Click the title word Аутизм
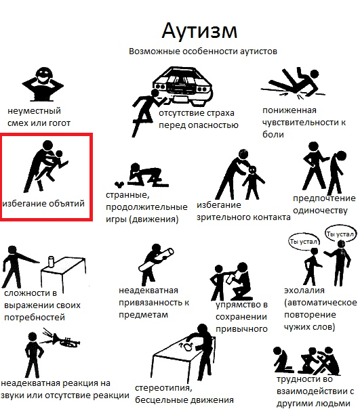199,30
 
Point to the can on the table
51,261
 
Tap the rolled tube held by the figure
157,259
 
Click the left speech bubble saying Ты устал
304,242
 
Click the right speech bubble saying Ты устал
340,234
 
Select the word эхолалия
304,290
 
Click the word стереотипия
163,388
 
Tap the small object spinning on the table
188,347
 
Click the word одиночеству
320,211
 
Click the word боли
273,134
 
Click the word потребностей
35,318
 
